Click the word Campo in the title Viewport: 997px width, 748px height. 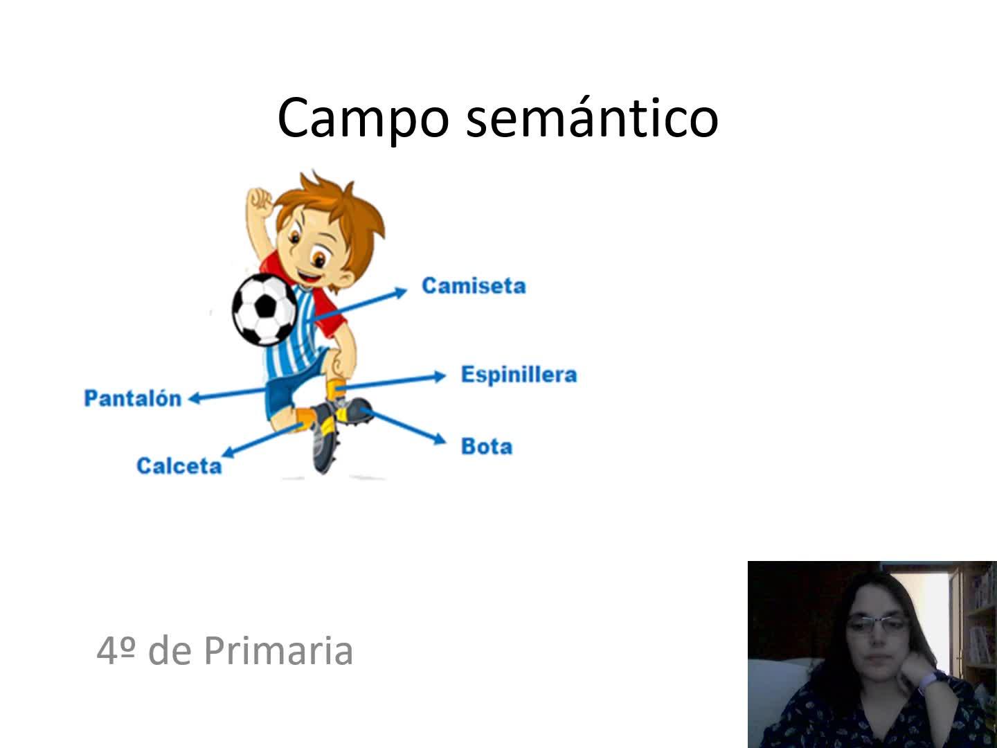click(363, 118)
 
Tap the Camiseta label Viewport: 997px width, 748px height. click(474, 286)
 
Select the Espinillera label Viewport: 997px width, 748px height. click(519, 375)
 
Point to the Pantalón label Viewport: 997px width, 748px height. click(133, 398)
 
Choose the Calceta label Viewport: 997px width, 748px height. click(179, 466)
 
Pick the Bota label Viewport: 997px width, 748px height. click(487, 447)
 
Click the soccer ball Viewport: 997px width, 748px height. click(264, 310)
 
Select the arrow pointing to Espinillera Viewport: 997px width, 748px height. click(392, 382)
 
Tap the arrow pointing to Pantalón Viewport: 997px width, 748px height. click(227, 394)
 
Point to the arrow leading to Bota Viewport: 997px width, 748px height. click(404, 426)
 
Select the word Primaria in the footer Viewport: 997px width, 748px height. click(278, 651)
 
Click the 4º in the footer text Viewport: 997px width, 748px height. click(116, 651)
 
